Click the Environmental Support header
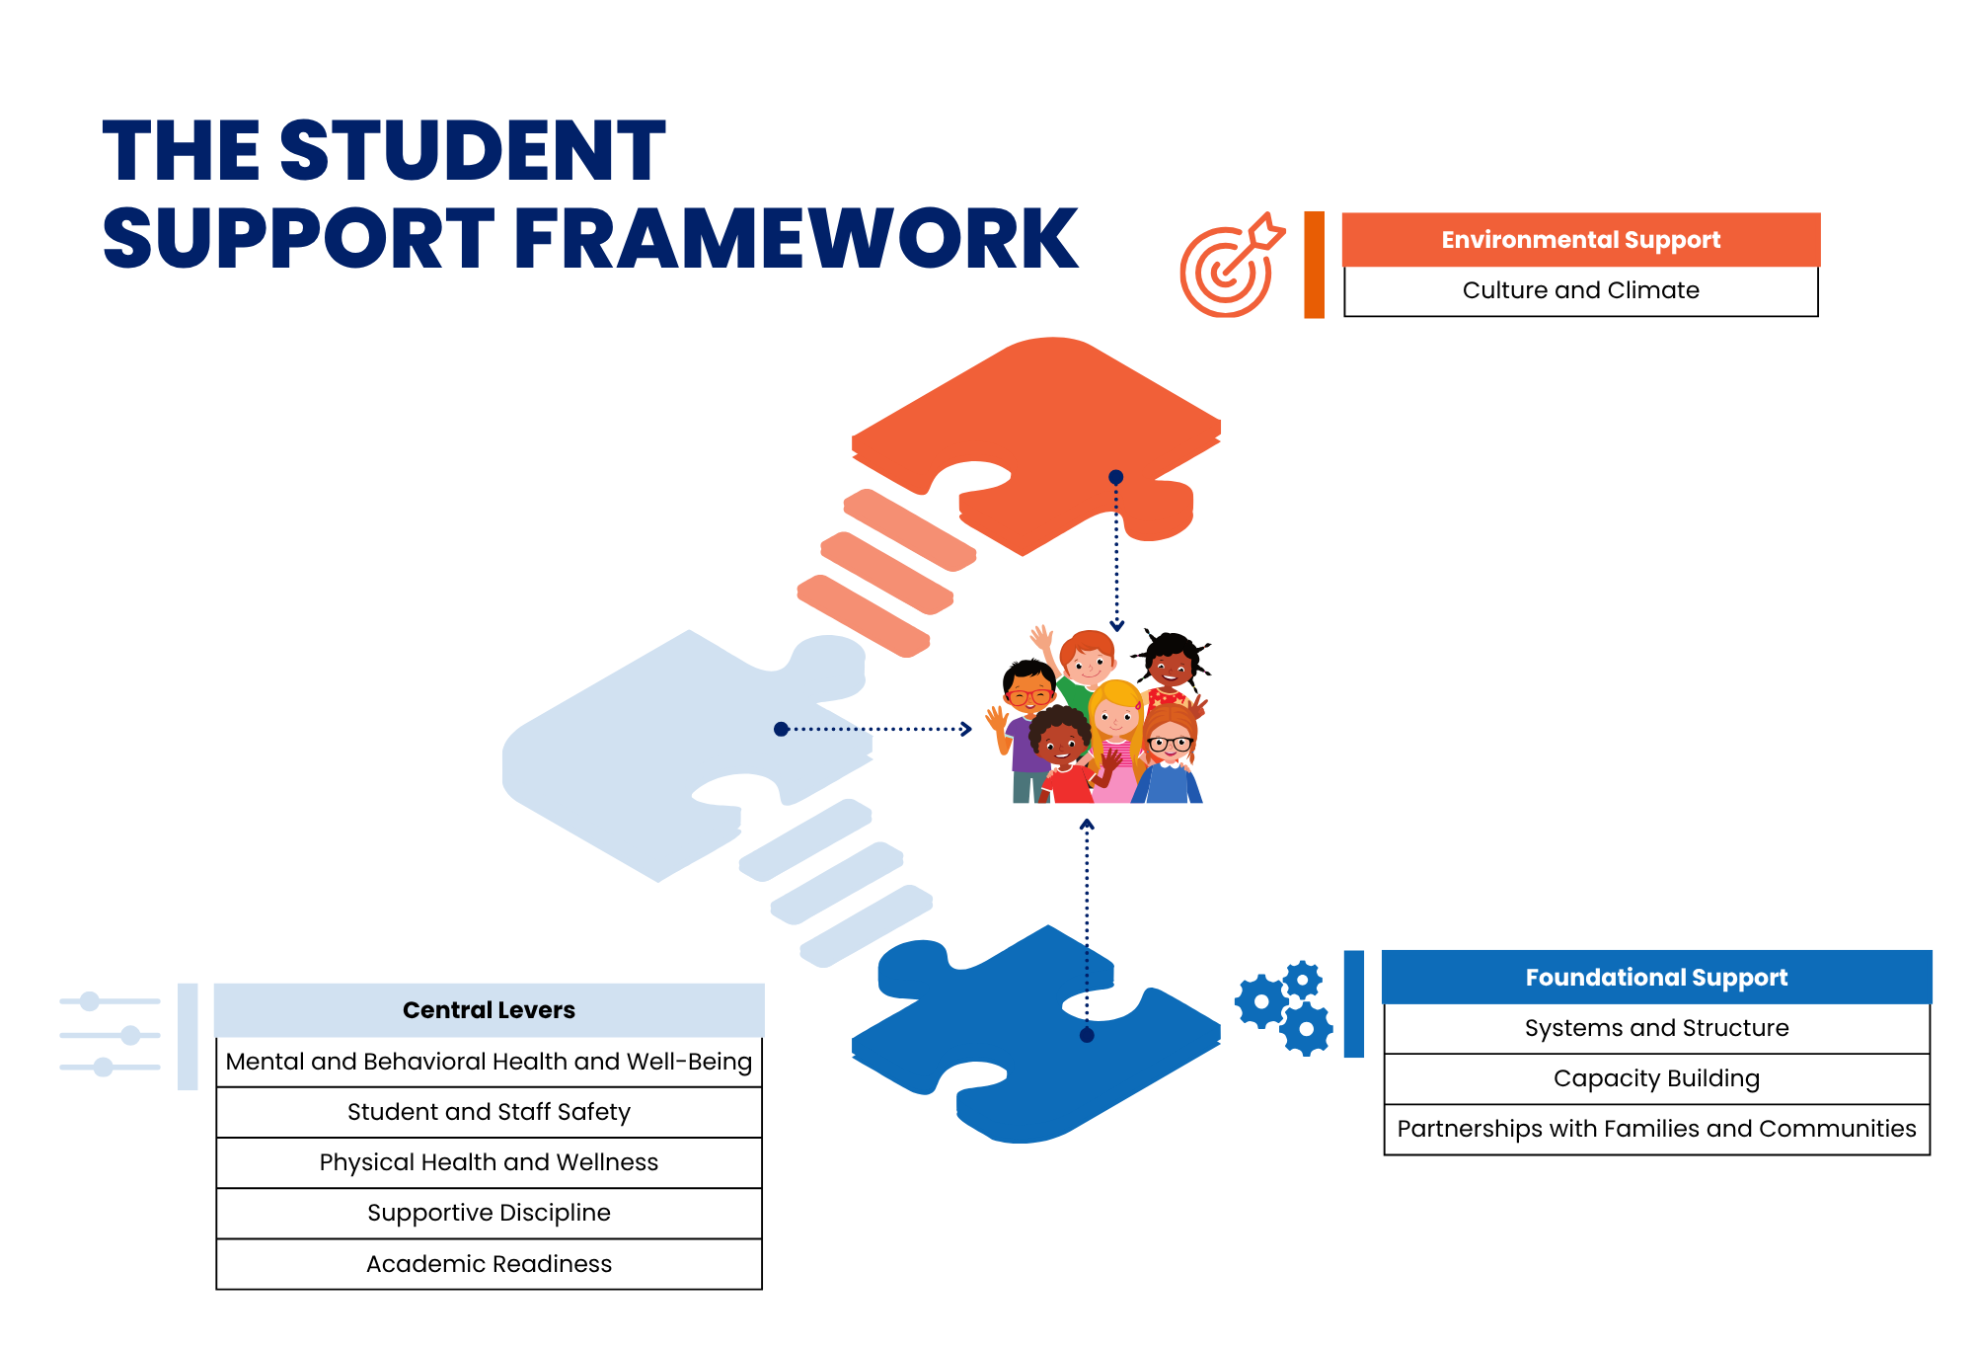(x=1580, y=240)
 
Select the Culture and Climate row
(x=1580, y=290)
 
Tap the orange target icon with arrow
(x=1230, y=266)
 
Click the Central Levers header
(x=489, y=1010)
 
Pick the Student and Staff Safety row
(x=489, y=1112)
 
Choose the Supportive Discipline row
(x=489, y=1213)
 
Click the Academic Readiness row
(x=489, y=1264)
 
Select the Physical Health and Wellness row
(x=489, y=1162)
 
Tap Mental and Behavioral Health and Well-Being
(x=489, y=1062)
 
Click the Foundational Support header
(x=1656, y=978)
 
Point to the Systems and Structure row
(x=1656, y=1028)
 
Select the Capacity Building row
(x=1656, y=1078)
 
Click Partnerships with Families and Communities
(x=1656, y=1129)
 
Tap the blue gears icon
(x=1284, y=1007)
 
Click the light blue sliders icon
(x=110, y=1034)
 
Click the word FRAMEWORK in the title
(x=796, y=239)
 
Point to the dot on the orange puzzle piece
(x=1116, y=477)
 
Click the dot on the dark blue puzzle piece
(x=1087, y=1035)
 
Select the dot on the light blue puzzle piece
(x=781, y=729)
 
